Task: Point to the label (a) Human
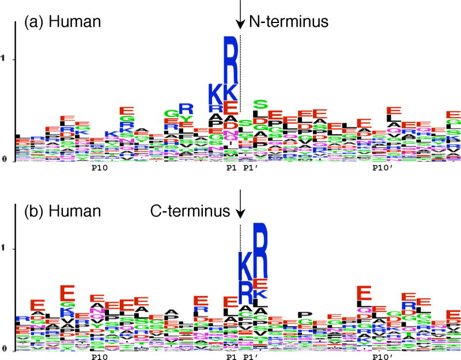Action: pos(62,22)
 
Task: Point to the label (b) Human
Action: pos(62,211)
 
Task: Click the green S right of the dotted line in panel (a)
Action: pos(260,105)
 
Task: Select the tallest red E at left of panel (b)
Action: pos(66,293)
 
